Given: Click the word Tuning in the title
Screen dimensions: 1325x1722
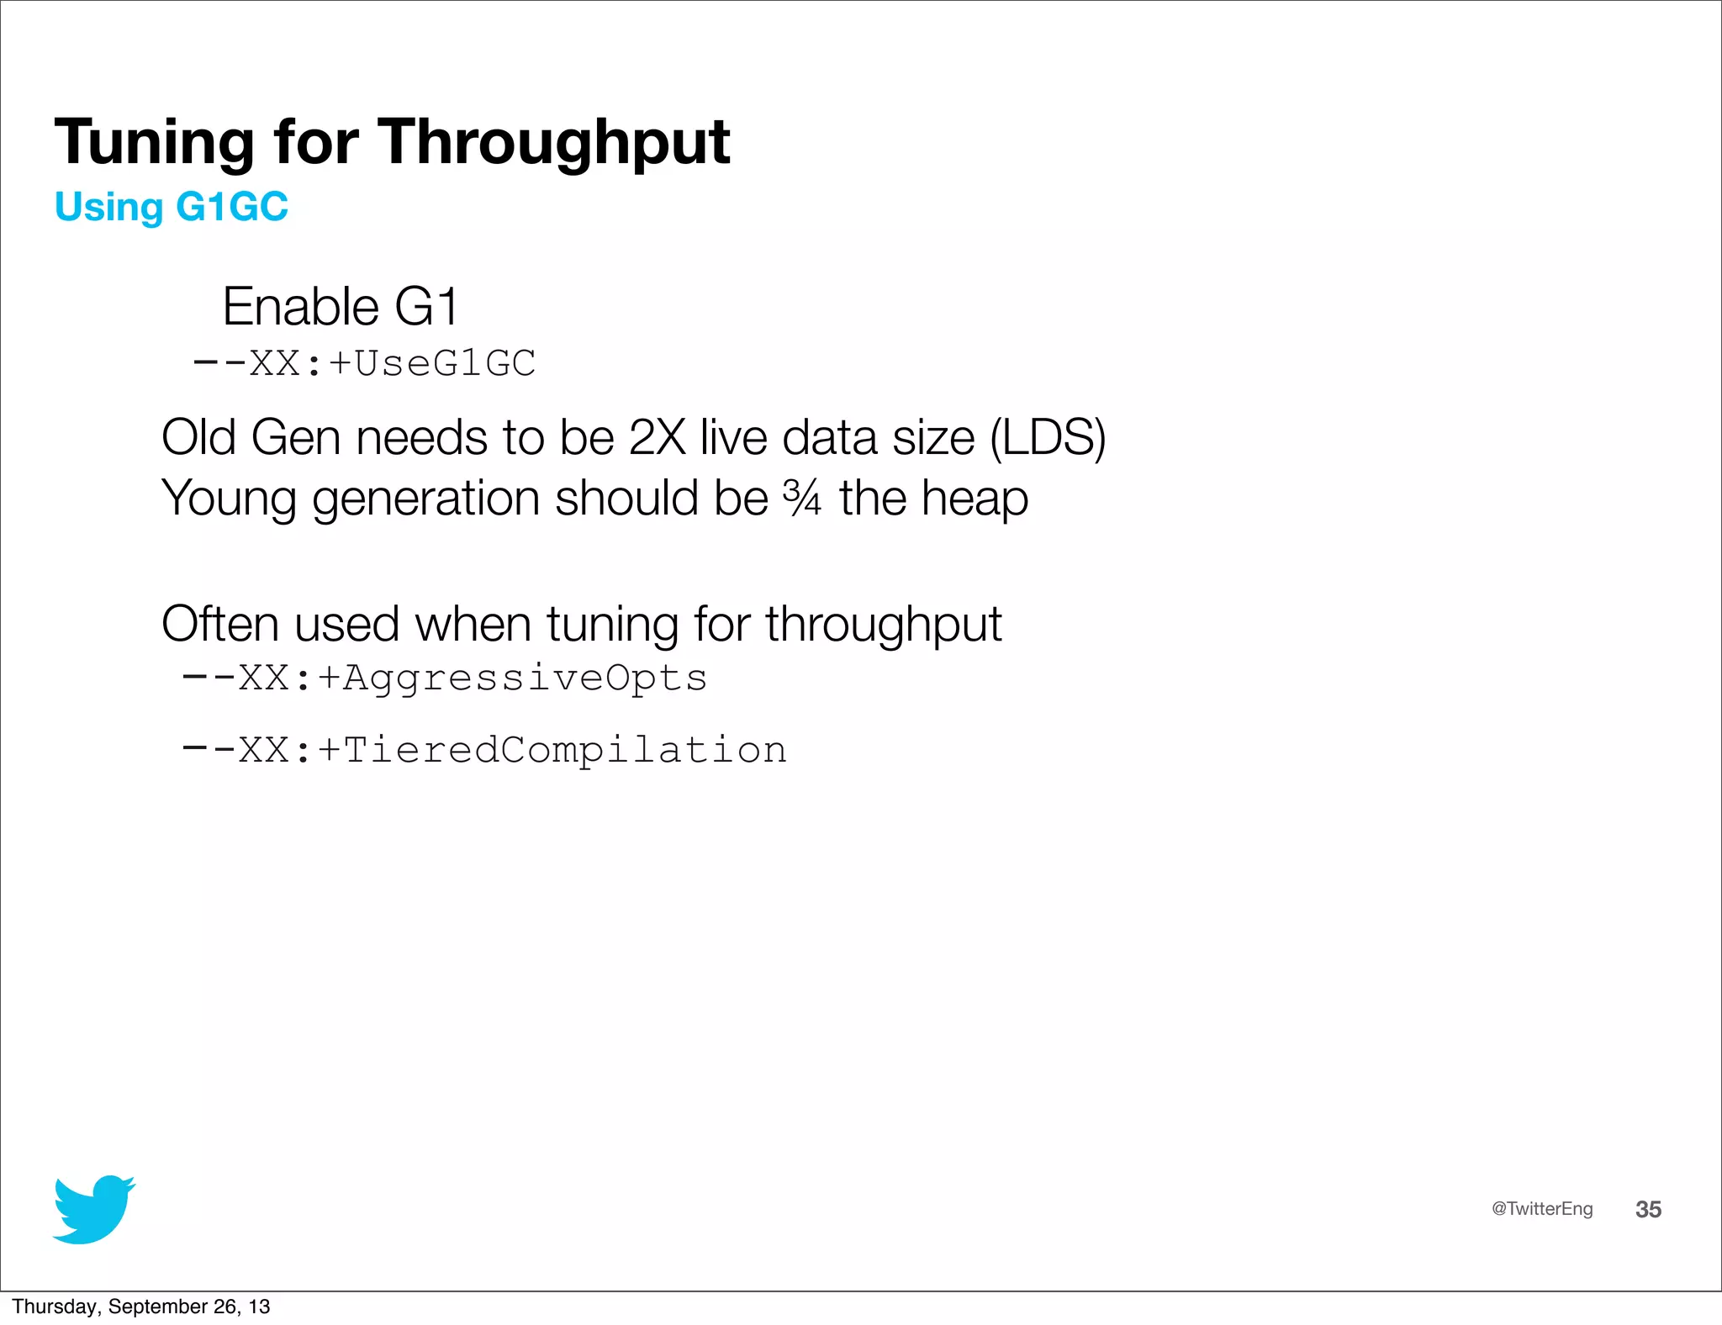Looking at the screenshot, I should tap(154, 143).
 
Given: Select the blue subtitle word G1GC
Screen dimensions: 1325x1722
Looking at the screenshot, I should tap(232, 207).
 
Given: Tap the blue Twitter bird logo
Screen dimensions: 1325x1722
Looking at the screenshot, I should tap(93, 1209).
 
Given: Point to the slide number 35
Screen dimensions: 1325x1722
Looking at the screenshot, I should tap(1648, 1209).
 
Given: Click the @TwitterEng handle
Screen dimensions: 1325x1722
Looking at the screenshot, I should tap(1542, 1209).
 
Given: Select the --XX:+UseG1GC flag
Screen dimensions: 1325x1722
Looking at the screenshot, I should tap(365, 364).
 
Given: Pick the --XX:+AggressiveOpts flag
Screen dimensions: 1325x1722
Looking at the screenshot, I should tap(445, 678).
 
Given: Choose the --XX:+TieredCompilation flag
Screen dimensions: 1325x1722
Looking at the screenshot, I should tap(484, 750).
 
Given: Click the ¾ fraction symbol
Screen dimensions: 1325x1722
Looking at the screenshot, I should tap(801, 497).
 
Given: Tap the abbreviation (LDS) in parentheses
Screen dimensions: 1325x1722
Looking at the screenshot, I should tap(1048, 438).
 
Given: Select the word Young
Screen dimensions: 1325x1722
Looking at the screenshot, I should tap(229, 499).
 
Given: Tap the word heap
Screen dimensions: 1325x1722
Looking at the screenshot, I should tap(975, 499).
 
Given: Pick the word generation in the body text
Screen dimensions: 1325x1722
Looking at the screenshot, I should tap(425, 499).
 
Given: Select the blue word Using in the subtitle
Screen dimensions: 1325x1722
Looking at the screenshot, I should tap(108, 207).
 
